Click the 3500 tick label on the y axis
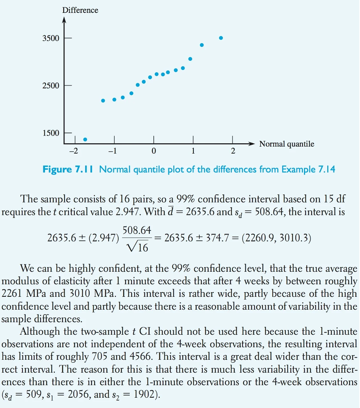tap(51, 39)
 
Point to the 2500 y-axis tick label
tap(51, 86)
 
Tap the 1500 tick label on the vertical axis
tap(51, 133)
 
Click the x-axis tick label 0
tap(154, 151)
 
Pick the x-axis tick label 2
tap(233, 151)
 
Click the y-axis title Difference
tap(80, 10)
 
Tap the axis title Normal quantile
tap(287, 144)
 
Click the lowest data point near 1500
tap(85, 140)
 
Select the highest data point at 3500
tap(221, 38)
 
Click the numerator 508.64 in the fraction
tap(137, 231)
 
